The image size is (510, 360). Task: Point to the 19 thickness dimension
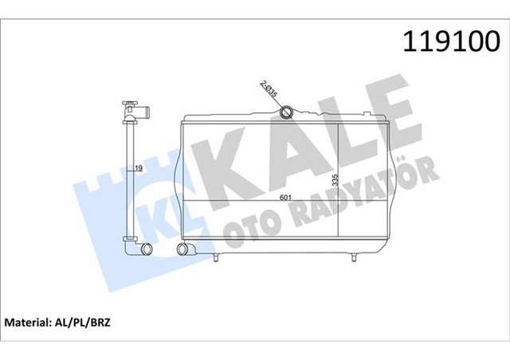click(x=138, y=168)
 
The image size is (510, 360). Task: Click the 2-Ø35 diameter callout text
click(x=269, y=90)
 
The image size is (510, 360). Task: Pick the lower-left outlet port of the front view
click(x=182, y=252)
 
